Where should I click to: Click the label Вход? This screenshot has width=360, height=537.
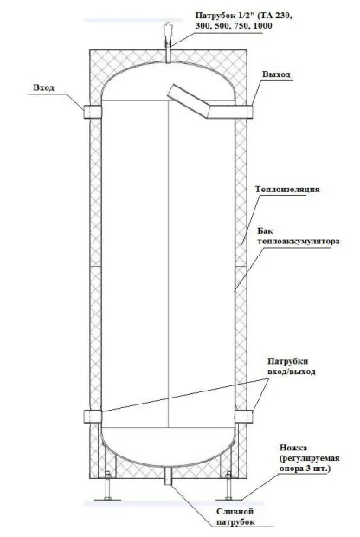coord(43,87)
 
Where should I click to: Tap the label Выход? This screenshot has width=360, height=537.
coord(277,74)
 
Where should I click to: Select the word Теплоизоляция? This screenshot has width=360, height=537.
coord(287,190)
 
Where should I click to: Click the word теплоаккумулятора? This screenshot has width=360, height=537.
coord(299,241)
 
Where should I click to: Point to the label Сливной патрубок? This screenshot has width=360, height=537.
coord(235,517)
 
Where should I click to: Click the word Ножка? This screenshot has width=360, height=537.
coord(293,448)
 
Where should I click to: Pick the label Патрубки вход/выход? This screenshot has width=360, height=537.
coord(292,366)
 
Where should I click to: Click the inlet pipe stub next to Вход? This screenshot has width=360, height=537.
coord(93,112)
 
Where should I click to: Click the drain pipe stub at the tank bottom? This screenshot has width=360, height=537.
coord(169,476)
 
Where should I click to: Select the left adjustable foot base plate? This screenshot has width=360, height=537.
coord(108,500)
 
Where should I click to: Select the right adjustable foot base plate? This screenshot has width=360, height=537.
coord(228,500)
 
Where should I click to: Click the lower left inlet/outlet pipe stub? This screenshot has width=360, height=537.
coord(93,416)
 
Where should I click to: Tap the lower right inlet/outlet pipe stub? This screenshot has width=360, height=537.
coord(244,416)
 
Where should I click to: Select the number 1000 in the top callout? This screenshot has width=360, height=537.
coord(263,26)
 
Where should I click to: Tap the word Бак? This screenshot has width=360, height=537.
coord(265,231)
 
